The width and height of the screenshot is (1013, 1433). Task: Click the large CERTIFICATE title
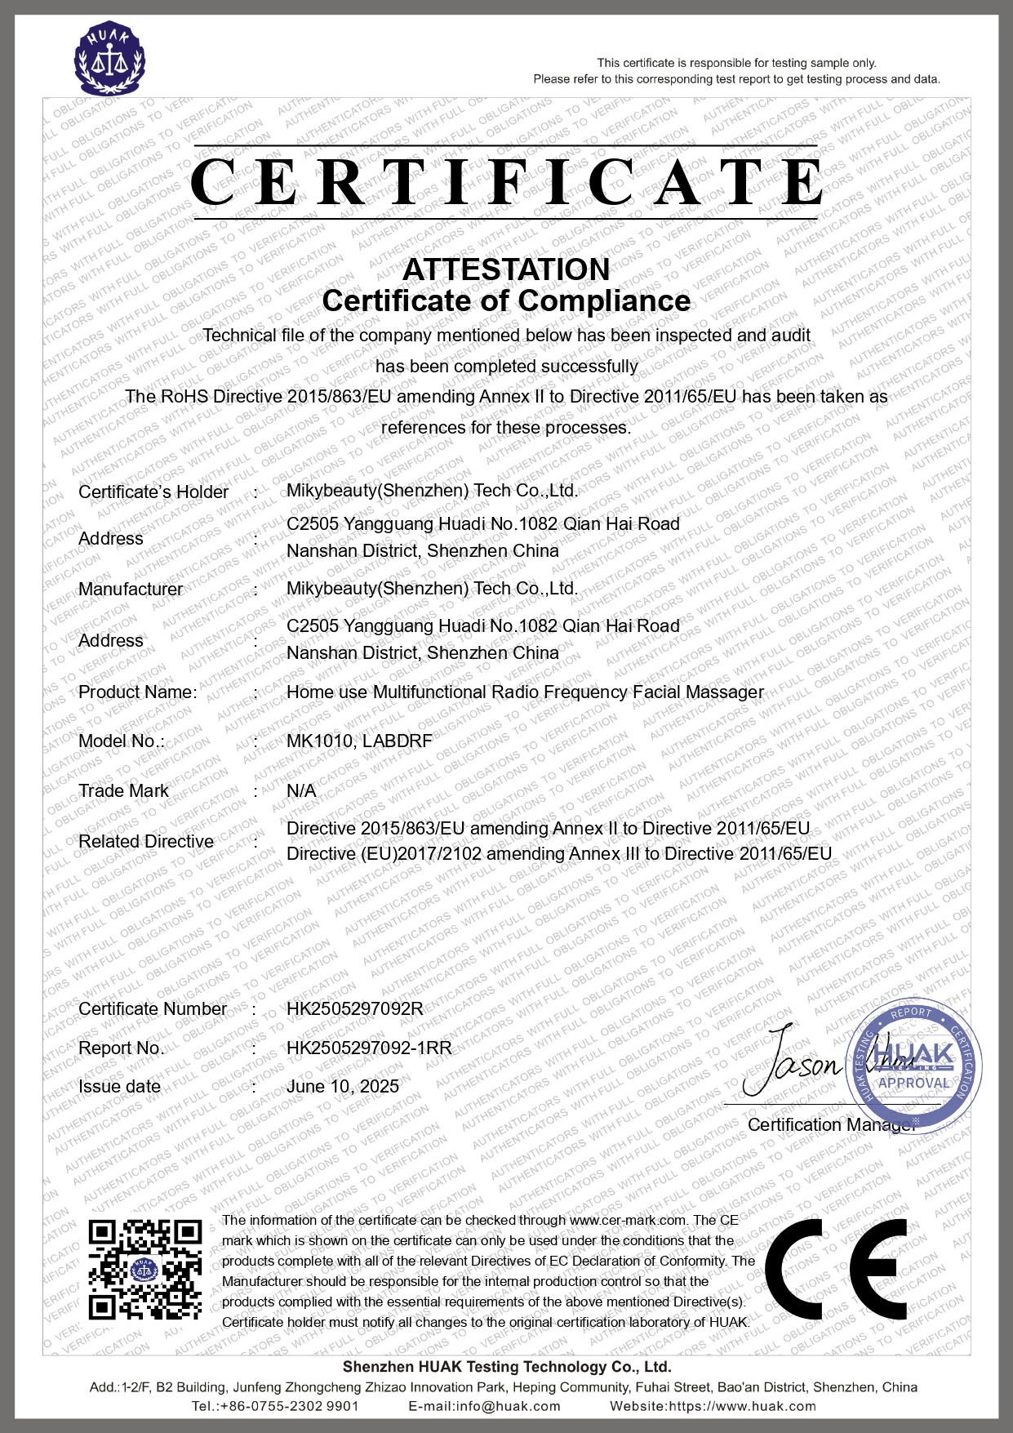[x=506, y=181]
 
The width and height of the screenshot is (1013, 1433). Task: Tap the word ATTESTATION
[x=506, y=269]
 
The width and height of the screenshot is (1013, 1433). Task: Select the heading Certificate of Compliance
[x=506, y=300]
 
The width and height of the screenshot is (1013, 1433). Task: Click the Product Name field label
[x=137, y=692]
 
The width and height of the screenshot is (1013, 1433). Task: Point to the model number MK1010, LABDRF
[x=359, y=741]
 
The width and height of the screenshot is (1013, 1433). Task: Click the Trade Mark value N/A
[x=301, y=791]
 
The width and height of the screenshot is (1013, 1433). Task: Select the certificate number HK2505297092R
[x=355, y=1008]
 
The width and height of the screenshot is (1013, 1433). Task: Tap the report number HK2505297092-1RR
[x=369, y=1048]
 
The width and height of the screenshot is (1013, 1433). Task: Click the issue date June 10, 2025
[x=343, y=1086]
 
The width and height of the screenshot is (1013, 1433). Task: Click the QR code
[x=145, y=1269]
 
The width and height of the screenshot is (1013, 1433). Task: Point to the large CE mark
[x=836, y=1270]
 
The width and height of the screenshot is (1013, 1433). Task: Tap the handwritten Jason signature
[x=792, y=1061]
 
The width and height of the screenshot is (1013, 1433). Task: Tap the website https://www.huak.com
[x=741, y=1406]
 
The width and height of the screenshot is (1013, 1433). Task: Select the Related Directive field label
[x=146, y=842]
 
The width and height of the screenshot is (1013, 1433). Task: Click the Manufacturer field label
[x=131, y=590]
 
